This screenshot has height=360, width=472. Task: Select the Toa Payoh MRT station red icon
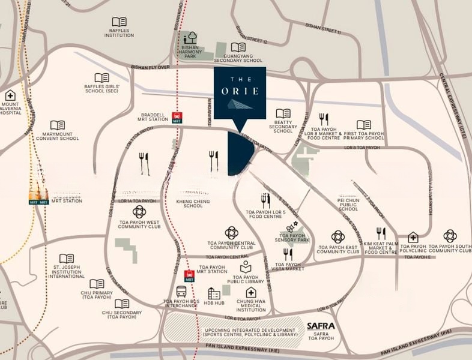(x=189, y=276)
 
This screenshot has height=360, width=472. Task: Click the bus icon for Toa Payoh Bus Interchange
(x=181, y=292)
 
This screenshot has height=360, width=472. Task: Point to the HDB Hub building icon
(x=214, y=293)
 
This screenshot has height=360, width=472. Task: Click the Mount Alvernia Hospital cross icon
(x=10, y=95)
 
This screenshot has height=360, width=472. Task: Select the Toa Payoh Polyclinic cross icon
(x=413, y=237)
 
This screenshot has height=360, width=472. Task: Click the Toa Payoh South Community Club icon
(x=450, y=236)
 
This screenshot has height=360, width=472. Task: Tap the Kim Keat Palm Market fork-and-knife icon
(x=381, y=233)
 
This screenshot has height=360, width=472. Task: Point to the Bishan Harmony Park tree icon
(x=191, y=37)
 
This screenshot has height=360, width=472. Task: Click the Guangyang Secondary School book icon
(x=238, y=47)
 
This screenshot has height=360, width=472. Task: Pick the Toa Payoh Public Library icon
(x=246, y=268)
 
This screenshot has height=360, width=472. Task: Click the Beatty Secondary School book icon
(x=283, y=113)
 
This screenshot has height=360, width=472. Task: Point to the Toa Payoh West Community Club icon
(x=139, y=212)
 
